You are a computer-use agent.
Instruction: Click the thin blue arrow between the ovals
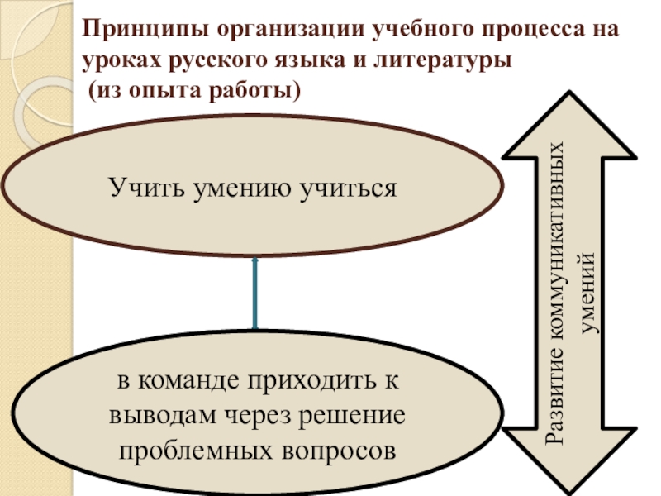(254, 293)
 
